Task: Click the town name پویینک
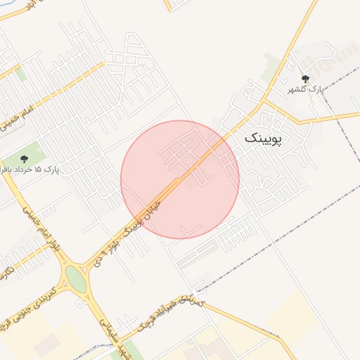[x=263, y=139]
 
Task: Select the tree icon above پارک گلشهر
[x=304, y=79]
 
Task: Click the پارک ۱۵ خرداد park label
[x=31, y=169]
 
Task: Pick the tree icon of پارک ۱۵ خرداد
[x=25, y=159]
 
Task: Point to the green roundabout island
[x=75, y=278]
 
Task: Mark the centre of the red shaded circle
[x=180, y=179]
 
